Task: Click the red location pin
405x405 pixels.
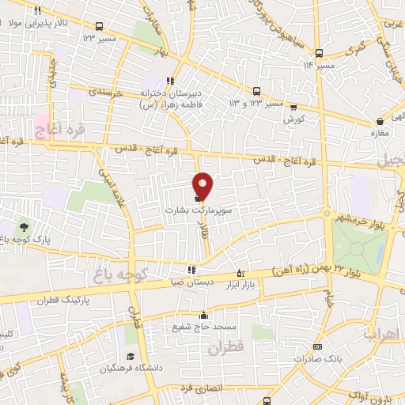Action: click(202, 185)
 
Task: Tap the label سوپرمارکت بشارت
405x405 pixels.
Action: click(191, 211)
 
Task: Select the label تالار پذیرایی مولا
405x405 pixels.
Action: click(29, 23)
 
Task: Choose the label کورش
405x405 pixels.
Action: click(294, 119)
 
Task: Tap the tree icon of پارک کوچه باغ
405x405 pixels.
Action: click(21, 226)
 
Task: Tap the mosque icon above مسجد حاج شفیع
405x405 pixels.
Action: click(203, 315)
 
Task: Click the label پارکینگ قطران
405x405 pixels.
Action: click(64, 301)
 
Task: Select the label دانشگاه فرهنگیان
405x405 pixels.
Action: click(130, 368)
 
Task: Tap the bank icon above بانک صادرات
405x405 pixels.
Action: click(318, 346)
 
